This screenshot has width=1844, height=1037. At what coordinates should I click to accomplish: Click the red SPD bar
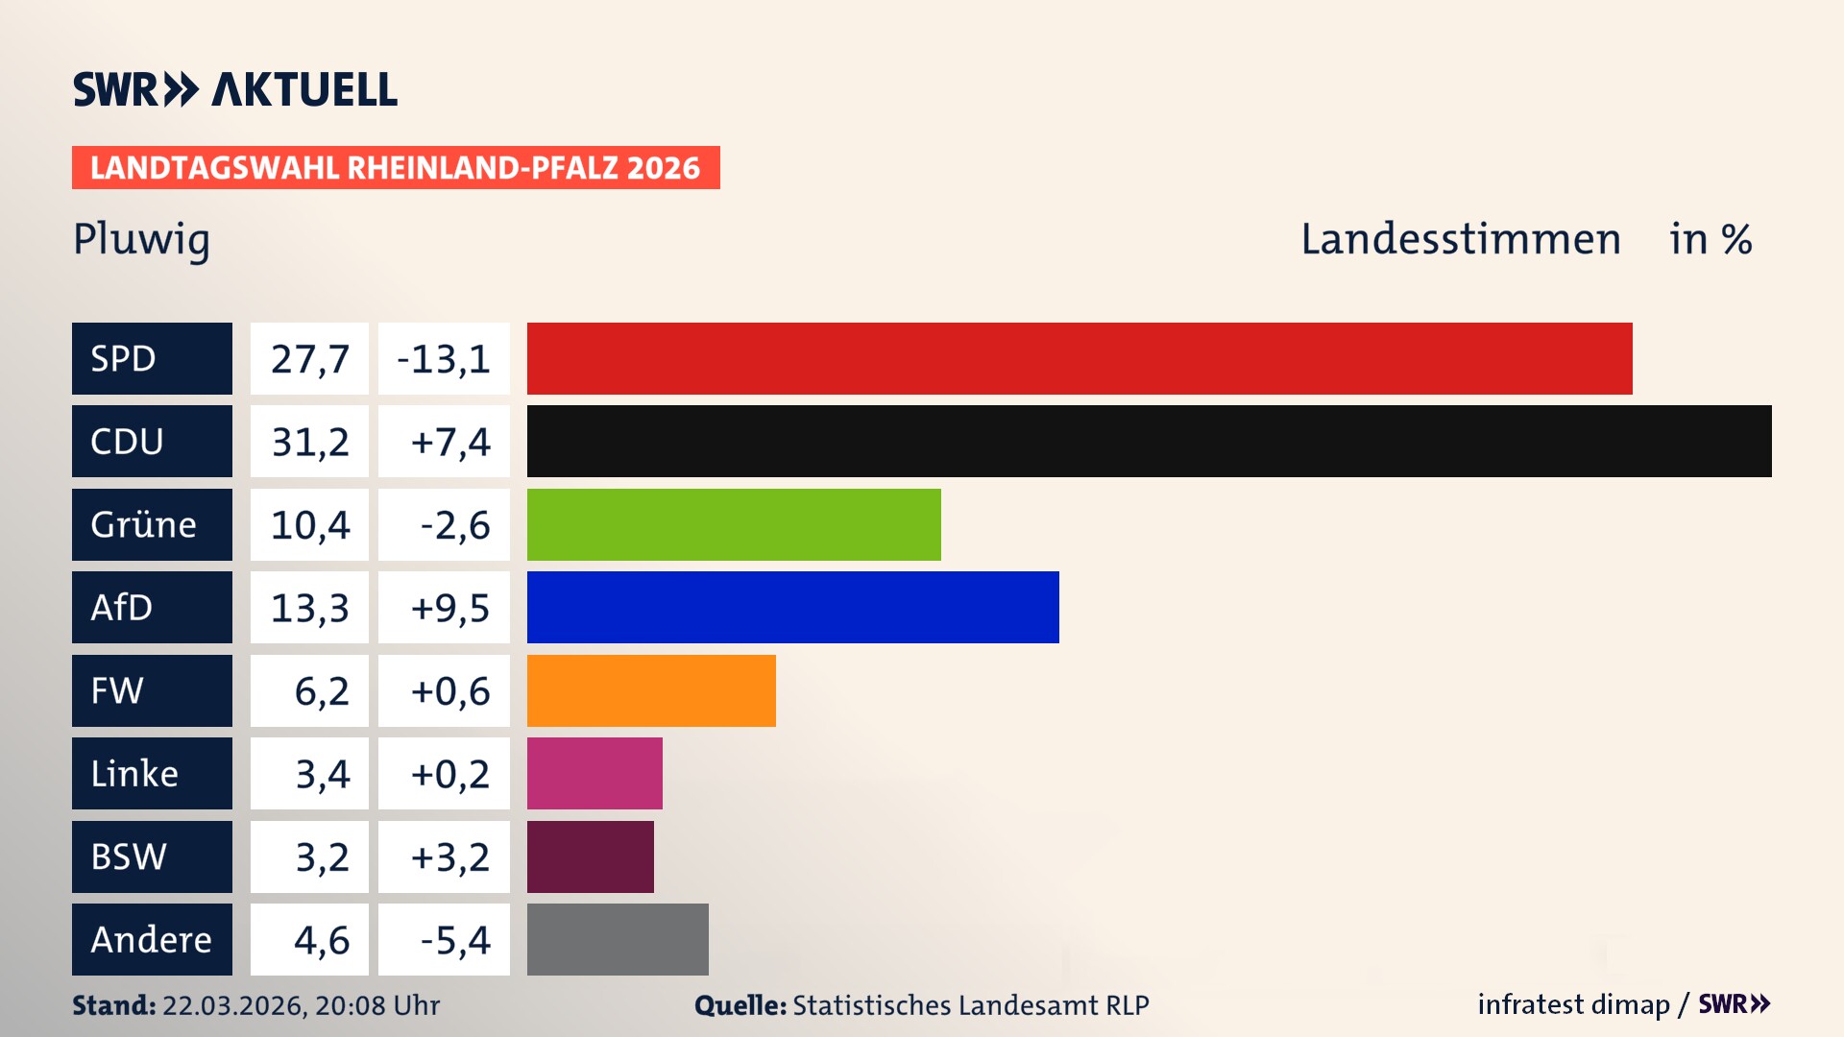coord(1079,358)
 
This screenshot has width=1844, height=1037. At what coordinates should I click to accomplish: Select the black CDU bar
coord(1149,442)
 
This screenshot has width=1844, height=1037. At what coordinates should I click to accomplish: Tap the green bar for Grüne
coord(734,524)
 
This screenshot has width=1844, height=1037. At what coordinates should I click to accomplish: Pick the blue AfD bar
coord(792,607)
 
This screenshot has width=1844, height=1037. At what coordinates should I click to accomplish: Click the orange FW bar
coord(651,690)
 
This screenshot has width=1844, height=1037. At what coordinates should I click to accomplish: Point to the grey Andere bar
coord(618,939)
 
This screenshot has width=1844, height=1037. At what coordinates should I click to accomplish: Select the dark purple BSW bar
coord(590,856)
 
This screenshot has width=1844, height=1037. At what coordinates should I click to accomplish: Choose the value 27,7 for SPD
coord(309,359)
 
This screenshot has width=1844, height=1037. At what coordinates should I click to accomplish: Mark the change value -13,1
coord(445,359)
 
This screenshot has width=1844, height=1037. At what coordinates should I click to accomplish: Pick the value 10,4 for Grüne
coord(309,525)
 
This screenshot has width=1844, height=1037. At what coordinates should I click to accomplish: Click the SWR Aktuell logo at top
coord(235,89)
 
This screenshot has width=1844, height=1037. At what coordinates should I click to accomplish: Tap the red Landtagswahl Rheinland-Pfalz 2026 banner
coord(396,168)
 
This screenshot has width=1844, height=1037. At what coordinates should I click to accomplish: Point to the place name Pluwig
coord(141,239)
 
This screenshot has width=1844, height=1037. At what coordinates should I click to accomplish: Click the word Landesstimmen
coord(1460,239)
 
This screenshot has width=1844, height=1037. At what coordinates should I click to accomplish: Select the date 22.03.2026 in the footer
coord(232,1005)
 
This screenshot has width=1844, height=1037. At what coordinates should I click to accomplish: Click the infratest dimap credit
coord(1573,1004)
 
